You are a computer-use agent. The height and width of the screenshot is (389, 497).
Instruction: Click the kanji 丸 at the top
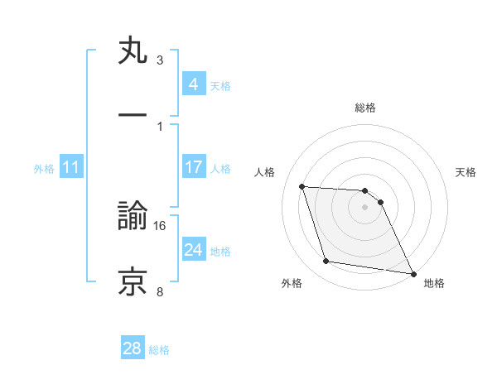tap(133, 51)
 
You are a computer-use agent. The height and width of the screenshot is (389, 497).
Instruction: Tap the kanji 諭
tap(133, 217)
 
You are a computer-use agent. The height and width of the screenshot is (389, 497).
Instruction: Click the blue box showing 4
tap(193, 84)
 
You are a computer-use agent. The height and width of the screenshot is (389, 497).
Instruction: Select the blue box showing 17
tap(193, 167)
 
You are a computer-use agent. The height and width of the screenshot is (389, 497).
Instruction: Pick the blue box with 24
tap(193, 250)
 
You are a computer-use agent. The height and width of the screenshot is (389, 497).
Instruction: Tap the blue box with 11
tap(71, 167)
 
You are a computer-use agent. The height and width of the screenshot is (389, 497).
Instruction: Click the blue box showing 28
tap(133, 348)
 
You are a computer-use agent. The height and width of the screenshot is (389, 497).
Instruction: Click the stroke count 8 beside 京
tap(160, 291)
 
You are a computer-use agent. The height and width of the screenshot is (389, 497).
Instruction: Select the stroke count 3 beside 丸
tap(160, 60)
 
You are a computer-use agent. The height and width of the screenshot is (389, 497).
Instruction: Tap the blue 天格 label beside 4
tap(220, 85)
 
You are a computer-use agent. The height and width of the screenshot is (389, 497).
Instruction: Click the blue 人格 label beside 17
tap(220, 168)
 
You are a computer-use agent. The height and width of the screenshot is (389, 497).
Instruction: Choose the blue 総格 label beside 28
tap(159, 349)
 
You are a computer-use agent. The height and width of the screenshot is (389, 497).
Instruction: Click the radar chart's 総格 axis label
tap(365, 108)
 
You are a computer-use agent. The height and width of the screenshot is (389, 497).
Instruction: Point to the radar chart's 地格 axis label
tap(434, 284)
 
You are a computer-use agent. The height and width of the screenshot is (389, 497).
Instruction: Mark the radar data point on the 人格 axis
tap(302, 186)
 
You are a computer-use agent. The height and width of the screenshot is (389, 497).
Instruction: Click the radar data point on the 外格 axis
tap(326, 262)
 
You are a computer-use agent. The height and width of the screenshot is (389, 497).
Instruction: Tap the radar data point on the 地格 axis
tap(413, 273)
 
